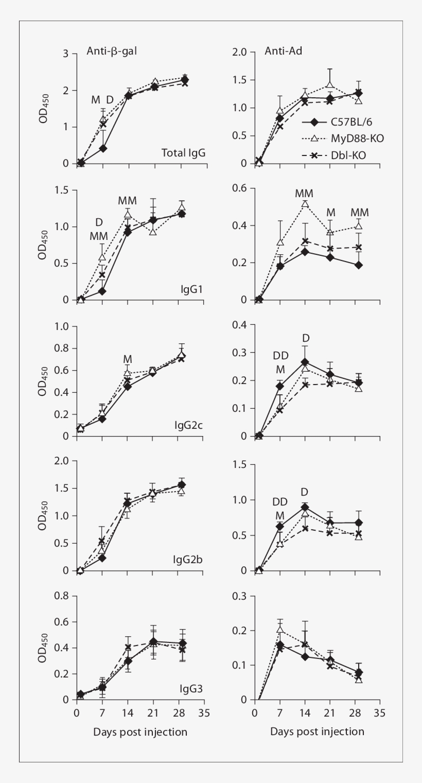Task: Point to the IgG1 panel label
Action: (190, 289)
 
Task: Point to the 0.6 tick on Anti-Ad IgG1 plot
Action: (240, 188)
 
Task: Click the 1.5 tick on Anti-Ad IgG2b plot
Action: (240, 465)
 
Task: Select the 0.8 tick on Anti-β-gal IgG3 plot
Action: (62, 596)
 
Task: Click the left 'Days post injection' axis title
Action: (139, 732)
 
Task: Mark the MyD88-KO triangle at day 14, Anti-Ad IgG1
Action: (305, 203)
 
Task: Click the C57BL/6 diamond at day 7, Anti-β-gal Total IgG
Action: (103, 148)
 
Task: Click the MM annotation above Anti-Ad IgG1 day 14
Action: (304, 194)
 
